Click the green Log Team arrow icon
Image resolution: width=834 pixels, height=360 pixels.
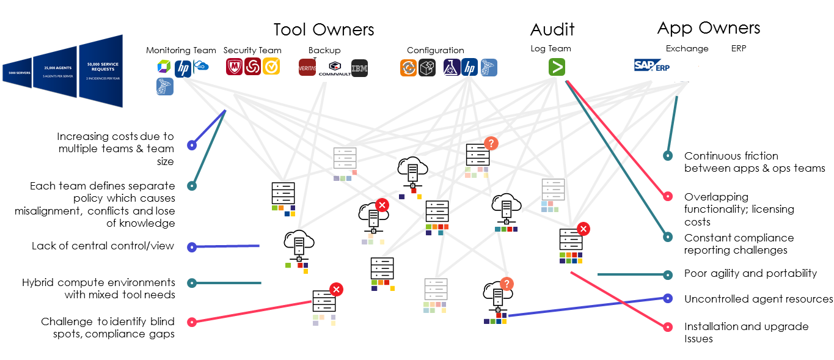pyautogui.click(x=556, y=67)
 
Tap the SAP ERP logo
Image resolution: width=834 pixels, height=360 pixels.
pyautogui.click(x=653, y=65)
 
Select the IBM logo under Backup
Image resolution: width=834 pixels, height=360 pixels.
pyautogui.click(x=359, y=68)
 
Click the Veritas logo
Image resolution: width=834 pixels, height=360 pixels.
pyautogui.click(x=307, y=67)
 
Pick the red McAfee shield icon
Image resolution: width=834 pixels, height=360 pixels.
pyautogui.click(x=235, y=67)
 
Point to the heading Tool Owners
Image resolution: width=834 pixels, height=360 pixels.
pyautogui.click(x=323, y=29)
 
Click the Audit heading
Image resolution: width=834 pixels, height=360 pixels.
pyautogui.click(x=552, y=29)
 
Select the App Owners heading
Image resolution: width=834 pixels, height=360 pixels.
pyautogui.click(x=709, y=28)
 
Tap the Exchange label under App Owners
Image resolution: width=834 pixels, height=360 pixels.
pyautogui.click(x=687, y=48)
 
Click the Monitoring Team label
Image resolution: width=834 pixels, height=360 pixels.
pyautogui.click(x=181, y=50)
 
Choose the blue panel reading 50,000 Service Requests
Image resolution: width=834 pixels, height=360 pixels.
pyautogui.click(x=101, y=71)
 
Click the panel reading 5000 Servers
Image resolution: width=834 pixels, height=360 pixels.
pyautogui.click(x=16, y=73)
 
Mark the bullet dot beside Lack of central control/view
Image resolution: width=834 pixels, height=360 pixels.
pyautogui.click(x=192, y=248)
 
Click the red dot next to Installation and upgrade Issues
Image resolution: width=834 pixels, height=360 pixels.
pyautogui.click(x=667, y=327)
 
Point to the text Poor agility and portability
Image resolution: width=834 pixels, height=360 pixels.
pyautogui.click(x=750, y=273)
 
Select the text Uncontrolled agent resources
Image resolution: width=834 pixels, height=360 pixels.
pyautogui.click(x=758, y=299)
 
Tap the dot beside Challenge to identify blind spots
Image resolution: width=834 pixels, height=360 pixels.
pyautogui.click(x=192, y=321)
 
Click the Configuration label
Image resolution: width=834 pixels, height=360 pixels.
pyautogui.click(x=435, y=50)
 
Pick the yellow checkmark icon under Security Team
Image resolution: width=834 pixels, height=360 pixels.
pyautogui.click(x=271, y=67)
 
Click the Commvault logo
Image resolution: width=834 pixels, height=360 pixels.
pyautogui.click(x=334, y=68)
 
